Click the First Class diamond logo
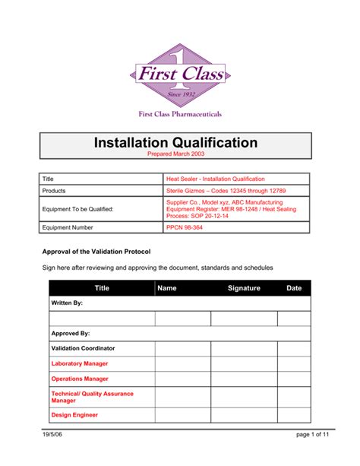(x=179, y=74)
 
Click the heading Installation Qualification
(x=176, y=142)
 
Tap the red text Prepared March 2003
(x=176, y=154)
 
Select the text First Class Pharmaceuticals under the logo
(x=180, y=114)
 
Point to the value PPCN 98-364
(x=184, y=227)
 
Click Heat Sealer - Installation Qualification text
(x=216, y=178)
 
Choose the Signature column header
(x=244, y=288)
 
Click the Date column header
(x=294, y=288)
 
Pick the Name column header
(x=167, y=288)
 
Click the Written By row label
(x=67, y=303)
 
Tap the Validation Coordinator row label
(x=83, y=348)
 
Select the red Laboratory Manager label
(x=80, y=363)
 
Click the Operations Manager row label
(x=80, y=378)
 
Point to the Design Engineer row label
(x=74, y=415)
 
